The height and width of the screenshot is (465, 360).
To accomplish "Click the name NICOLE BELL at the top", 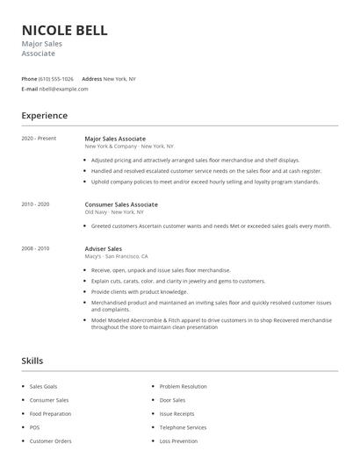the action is click(64, 30).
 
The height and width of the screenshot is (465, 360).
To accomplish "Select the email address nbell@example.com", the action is click(60, 89).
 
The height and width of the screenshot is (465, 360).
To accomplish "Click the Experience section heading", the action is click(44, 115).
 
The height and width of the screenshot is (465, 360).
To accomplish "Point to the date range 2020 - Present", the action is click(39, 139).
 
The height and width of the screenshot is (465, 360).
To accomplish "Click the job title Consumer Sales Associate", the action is click(121, 204).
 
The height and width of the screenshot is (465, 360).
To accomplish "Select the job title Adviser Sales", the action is click(103, 248).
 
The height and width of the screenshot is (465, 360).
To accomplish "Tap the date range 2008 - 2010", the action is click(36, 248).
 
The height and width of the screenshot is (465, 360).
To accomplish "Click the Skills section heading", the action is click(32, 361).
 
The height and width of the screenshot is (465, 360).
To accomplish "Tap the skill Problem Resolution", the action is click(184, 386).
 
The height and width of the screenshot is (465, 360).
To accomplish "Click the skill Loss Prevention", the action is click(178, 441).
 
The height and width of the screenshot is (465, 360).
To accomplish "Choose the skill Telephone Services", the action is click(184, 427).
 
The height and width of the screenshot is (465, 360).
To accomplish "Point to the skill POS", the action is click(35, 427).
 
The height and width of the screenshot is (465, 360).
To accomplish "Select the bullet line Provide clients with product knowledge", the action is click(140, 292).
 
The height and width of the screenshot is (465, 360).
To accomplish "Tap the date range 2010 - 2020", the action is click(36, 204).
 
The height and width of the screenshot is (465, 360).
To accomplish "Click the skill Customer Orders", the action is click(50, 441).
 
